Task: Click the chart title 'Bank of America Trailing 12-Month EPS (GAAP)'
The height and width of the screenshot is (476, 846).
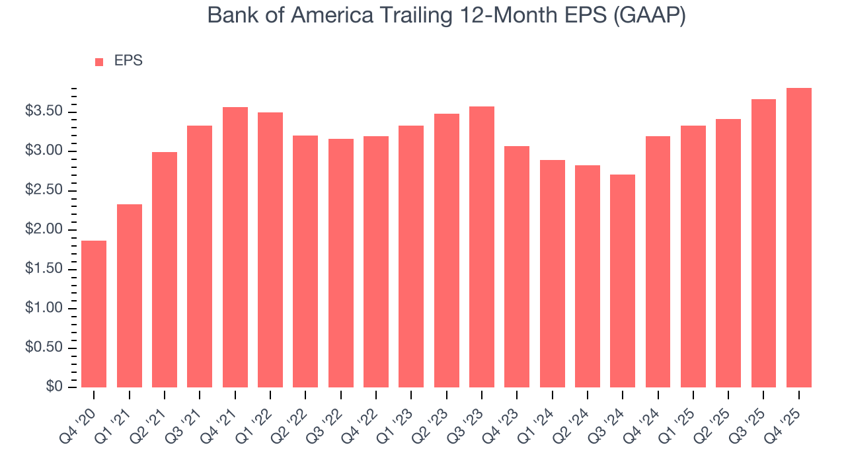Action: pyautogui.click(x=446, y=15)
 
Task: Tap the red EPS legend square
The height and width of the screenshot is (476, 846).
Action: pyautogui.click(x=99, y=61)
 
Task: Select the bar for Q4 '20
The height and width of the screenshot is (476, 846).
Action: pyautogui.click(x=94, y=314)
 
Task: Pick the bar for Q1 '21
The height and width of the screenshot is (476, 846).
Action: pyautogui.click(x=130, y=296)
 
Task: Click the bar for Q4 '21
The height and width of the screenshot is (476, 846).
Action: pyautogui.click(x=235, y=247)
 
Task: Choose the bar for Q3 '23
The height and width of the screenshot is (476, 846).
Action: pyautogui.click(x=482, y=247)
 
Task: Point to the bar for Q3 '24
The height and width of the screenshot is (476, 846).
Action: pyautogui.click(x=623, y=281)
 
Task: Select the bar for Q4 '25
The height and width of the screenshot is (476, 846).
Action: pyautogui.click(x=799, y=237)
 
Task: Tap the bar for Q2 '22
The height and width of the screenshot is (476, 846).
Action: pyautogui.click(x=305, y=261)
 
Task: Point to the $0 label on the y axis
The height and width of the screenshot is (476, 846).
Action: pyautogui.click(x=54, y=387)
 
